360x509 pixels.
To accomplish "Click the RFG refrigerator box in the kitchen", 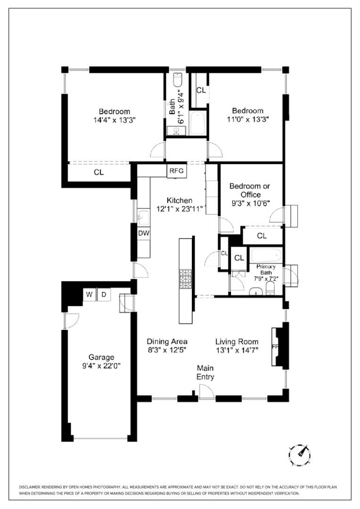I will pyautogui.click(x=176, y=171).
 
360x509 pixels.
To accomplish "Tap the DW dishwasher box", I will pyautogui.click(x=144, y=233).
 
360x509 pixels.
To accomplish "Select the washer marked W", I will pyautogui.click(x=89, y=295).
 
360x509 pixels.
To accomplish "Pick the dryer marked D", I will pyautogui.click(x=104, y=295).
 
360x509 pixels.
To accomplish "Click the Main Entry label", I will pyautogui.click(x=205, y=372).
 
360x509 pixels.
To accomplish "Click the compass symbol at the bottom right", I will pyautogui.click(x=300, y=454).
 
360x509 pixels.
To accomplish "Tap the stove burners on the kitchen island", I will pyautogui.click(x=186, y=279).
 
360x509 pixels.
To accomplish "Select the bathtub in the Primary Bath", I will pyautogui.click(x=266, y=256).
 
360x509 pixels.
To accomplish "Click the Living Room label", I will pyautogui.click(x=237, y=342).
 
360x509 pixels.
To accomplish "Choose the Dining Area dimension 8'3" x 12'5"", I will pyautogui.click(x=167, y=350).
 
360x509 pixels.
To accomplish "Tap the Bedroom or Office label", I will pyautogui.click(x=250, y=190).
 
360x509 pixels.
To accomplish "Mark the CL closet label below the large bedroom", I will pyautogui.click(x=98, y=172).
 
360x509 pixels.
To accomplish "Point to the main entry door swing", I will pyautogui.click(x=205, y=390).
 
